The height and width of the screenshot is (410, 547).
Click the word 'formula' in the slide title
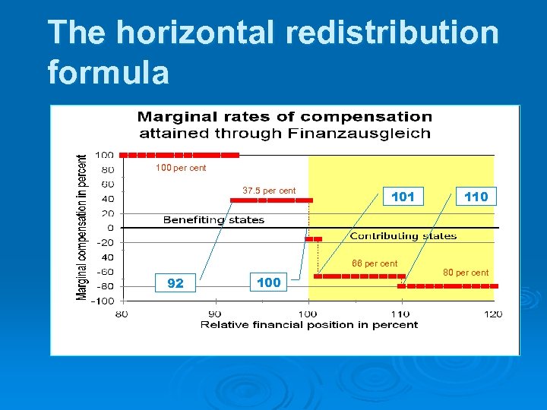click(x=108, y=73)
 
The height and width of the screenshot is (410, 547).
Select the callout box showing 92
click(x=175, y=283)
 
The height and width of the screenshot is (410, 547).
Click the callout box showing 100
click(x=269, y=282)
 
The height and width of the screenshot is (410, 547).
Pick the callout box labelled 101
click(x=403, y=197)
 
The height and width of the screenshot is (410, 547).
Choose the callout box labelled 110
click(x=476, y=197)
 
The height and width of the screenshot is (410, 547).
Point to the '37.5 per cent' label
click(x=269, y=191)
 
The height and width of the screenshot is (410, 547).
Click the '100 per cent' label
click(x=181, y=168)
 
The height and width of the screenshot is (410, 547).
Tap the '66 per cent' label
click(x=374, y=263)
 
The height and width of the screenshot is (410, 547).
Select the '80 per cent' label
click(x=466, y=273)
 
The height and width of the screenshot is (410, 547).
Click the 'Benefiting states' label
click(x=214, y=220)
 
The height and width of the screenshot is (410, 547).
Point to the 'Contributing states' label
click(x=403, y=236)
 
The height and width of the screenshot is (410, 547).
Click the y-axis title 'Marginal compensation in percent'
click(x=82, y=227)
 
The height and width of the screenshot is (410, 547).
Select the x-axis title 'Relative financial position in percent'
click(x=309, y=325)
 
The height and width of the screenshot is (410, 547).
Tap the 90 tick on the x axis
click(x=215, y=314)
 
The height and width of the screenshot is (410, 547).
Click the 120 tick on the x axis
click(x=493, y=314)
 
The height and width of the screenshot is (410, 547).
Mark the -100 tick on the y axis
click(x=103, y=301)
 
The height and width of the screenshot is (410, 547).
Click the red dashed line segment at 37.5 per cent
click(x=271, y=200)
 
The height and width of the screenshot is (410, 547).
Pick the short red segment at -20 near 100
click(x=313, y=238)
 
